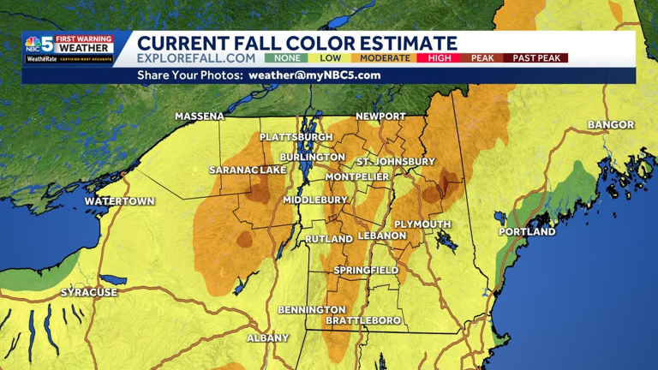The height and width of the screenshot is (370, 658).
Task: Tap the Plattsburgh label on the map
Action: tap(296, 137)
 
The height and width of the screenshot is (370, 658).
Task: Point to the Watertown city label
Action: tap(119, 201)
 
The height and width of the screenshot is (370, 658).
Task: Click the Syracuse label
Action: tap(89, 293)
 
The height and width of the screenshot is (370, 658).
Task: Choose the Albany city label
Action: tap(268, 338)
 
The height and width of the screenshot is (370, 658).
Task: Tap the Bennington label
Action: tap(312, 309)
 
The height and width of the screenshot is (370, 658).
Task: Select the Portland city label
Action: tap(527, 232)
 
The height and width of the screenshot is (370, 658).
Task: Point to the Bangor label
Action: tap(611, 125)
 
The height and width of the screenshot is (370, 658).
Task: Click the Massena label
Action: tap(200, 116)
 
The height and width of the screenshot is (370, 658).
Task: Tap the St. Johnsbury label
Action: tap(396, 162)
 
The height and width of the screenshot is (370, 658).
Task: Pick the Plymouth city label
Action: tap(422, 224)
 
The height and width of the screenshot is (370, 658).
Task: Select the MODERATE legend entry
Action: tap(385, 58)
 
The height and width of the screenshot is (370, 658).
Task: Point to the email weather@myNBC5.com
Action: tap(314, 75)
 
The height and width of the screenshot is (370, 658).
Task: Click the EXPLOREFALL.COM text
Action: tap(196, 58)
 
